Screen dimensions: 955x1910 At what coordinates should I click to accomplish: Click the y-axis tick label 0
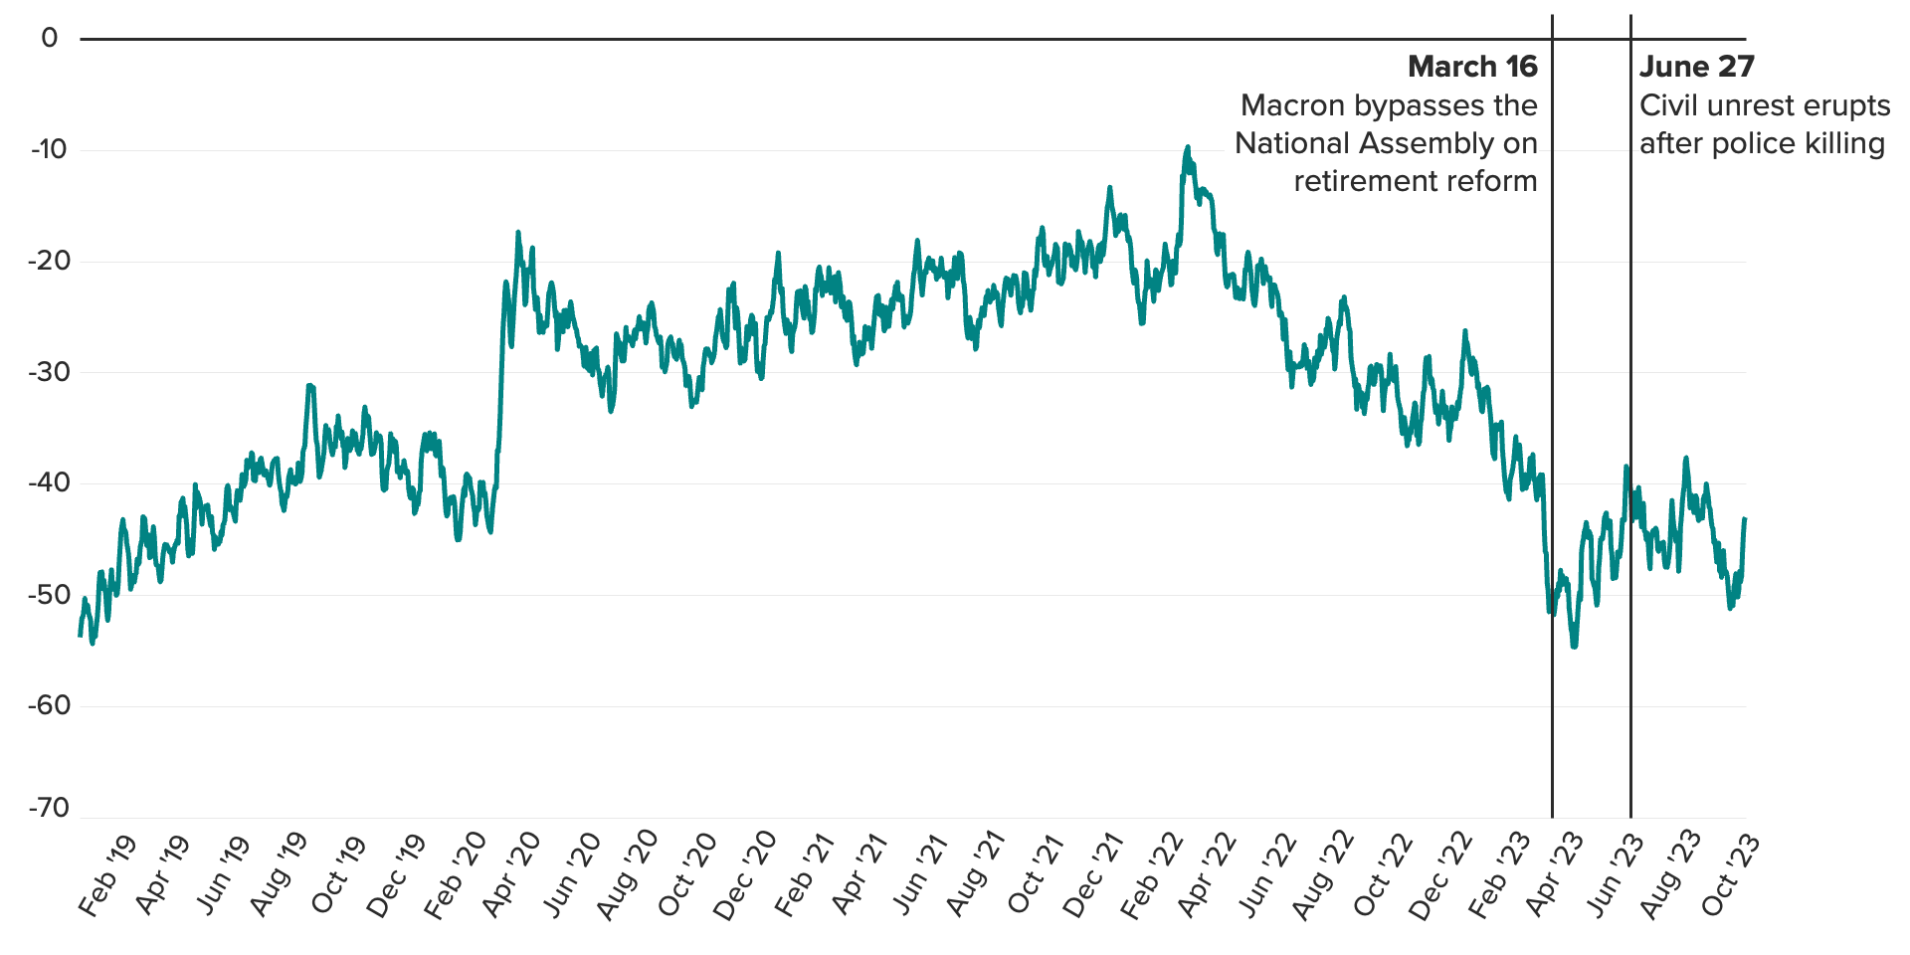[50, 39]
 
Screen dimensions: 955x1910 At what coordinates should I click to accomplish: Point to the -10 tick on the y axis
[49, 150]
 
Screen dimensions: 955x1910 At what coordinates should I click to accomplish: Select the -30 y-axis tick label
[49, 372]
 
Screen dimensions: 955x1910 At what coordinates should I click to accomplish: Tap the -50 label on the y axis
[49, 595]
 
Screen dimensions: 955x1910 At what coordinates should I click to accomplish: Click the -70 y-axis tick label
[49, 808]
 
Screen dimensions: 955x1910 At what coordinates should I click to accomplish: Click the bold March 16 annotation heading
[1472, 67]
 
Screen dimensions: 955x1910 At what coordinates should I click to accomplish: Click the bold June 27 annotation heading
[1697, 67]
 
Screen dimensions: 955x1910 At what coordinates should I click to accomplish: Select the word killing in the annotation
[1844, 143]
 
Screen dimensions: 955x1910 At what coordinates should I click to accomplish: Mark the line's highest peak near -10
[1187, 147]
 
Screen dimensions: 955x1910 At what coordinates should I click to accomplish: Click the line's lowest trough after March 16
[1574, 647]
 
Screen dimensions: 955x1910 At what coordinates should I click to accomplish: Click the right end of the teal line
[1745, 519]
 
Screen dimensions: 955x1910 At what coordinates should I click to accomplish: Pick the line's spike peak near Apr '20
[518, 233]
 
